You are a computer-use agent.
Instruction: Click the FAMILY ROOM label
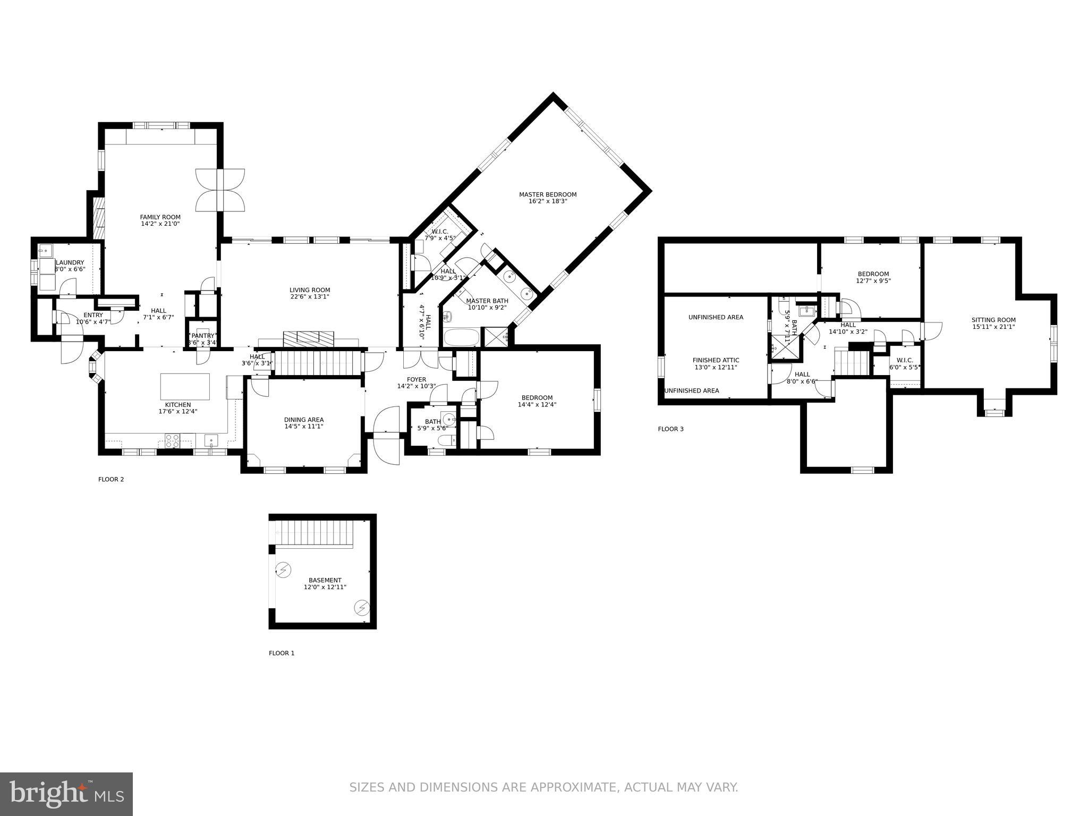point(160,217)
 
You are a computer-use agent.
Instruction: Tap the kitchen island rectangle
point(185,386)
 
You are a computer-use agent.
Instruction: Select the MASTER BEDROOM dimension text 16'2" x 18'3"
point(548,201)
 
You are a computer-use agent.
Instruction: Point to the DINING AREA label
point(304,420)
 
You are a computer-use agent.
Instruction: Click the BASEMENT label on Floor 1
point(325,580)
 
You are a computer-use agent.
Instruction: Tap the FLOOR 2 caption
point(111,479)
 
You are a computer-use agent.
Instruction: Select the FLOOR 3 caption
point(670,429)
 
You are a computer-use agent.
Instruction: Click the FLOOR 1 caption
point(281,653)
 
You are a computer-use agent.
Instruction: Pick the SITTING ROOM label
point(993,320)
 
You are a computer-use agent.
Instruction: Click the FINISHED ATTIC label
point(716,360)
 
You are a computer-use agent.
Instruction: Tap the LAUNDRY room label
point(70,262)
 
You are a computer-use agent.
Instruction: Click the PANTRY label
point(202,336)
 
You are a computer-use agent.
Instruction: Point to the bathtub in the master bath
point(460,337)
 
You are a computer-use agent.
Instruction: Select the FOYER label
point(416,379)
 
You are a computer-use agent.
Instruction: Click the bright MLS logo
point(66,794)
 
